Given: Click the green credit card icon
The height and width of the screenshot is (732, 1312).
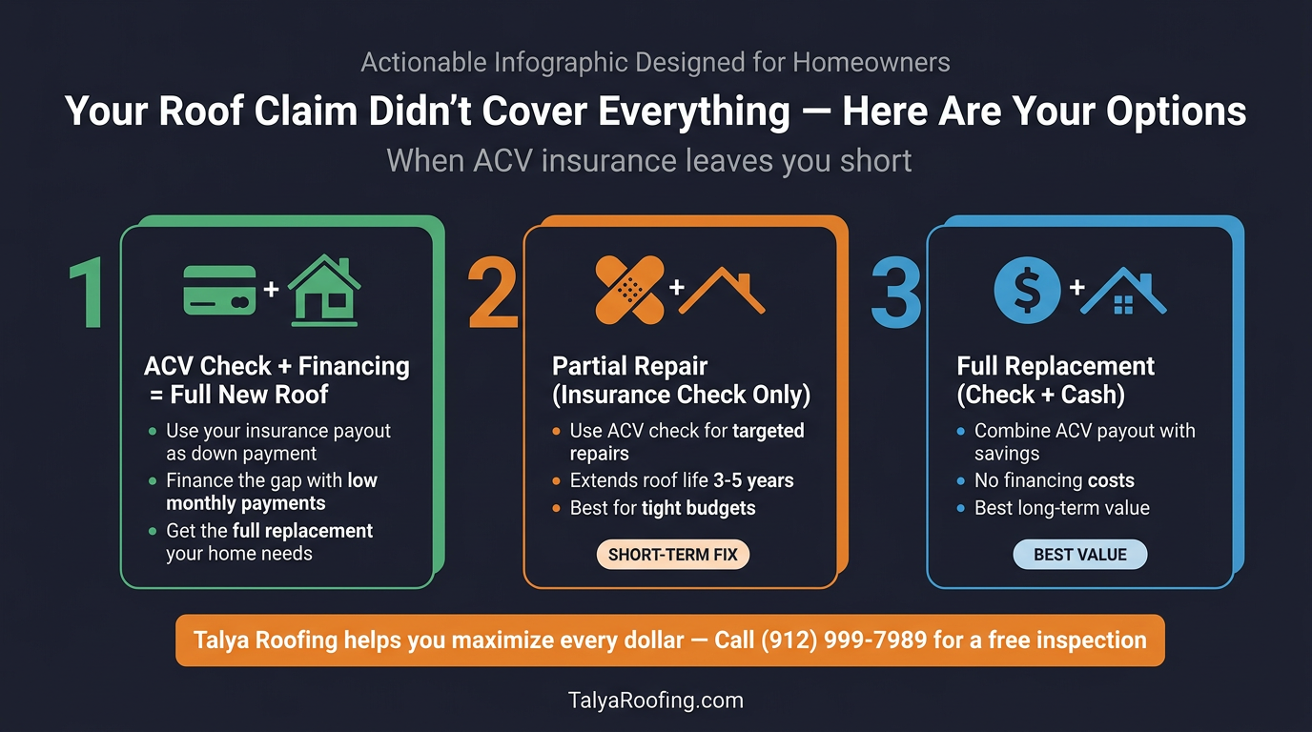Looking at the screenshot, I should click(219, 290).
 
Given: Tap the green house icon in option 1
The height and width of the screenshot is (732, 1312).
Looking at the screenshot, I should click(324, 290).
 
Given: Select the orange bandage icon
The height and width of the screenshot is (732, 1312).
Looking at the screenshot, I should click(629, 289).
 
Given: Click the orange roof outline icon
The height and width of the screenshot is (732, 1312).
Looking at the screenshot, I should click(721, 290).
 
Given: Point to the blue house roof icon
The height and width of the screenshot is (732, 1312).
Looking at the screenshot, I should click(1123, 292).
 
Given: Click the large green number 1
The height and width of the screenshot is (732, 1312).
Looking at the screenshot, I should click(89, 292).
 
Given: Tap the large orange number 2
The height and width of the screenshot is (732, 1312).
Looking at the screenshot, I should click(492, 293).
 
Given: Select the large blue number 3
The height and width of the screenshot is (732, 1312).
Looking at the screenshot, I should click(896, 293).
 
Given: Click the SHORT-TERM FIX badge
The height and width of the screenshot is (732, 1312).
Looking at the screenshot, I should click(673, 555).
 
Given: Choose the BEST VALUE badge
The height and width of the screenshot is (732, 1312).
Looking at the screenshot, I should click(1079, 555).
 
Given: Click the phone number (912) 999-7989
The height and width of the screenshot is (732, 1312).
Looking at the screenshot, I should click(844, 640).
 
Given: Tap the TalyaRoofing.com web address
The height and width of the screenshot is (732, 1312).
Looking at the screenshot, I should click(655, 701).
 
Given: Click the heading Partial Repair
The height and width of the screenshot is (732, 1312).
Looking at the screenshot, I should click(630, 367).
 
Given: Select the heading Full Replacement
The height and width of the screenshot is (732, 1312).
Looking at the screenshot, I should click(1056, 367).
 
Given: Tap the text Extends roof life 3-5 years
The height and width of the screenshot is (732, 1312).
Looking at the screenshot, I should click(682, 480).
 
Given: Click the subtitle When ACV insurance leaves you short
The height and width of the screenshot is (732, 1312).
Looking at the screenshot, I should click(649, 160).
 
